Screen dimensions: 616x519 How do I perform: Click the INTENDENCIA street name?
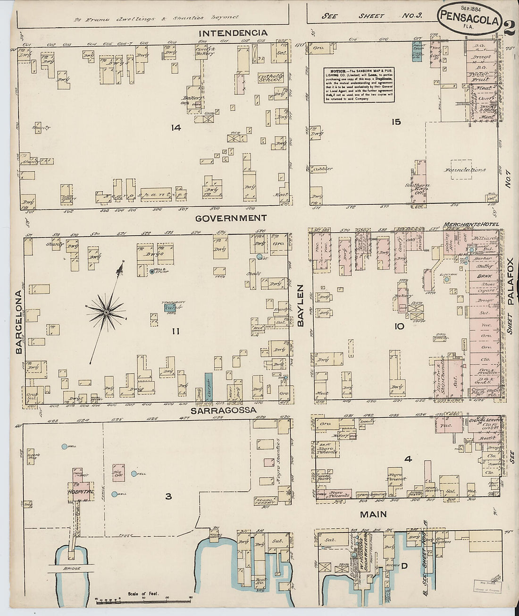click(x=233, y=33)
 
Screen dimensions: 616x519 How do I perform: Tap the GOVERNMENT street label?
click(x=231, y=218)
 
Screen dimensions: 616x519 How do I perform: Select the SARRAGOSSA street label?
click(x=224, y=410)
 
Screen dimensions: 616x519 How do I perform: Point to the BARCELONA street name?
click(x=18, y=322)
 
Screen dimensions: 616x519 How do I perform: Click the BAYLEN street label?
click(x=301, y=305)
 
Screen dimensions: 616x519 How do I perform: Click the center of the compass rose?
click(x=107, y=312)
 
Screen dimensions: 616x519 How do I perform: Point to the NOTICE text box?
click(x=359, y=85)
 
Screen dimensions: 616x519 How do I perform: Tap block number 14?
click(x=176, y=127)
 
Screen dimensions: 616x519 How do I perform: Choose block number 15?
click(x=396, y=122)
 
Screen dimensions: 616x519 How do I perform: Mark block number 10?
click(x=399, y=326)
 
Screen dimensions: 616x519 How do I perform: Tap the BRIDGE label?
click(x=72, y=568)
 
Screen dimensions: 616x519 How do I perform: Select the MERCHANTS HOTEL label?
click(x=470, y=224)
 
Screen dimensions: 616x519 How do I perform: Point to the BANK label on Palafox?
click(x=485, y=276)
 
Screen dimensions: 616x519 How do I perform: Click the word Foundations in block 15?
click(x=465, y=170)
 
